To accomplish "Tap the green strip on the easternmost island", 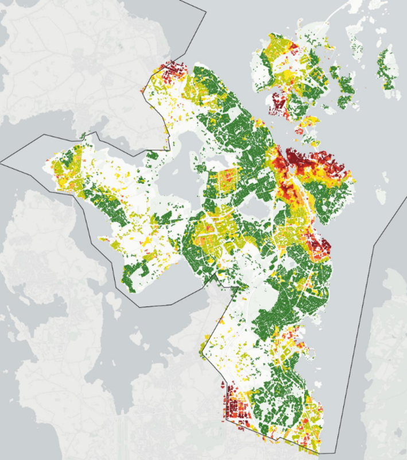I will point(389,69).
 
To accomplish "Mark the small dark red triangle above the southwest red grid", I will point(223,384).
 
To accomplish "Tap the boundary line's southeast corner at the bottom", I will point(319,453).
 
